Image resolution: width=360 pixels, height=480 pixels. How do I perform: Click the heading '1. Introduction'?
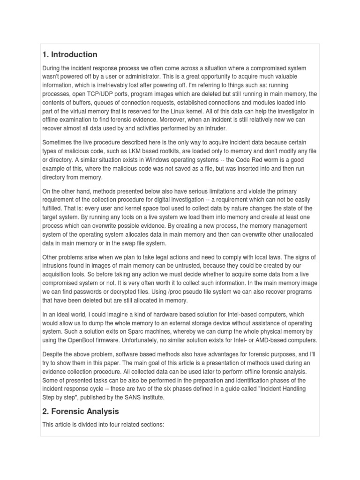coord(69,54)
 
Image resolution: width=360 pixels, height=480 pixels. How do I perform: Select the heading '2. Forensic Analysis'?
coord(80,411)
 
